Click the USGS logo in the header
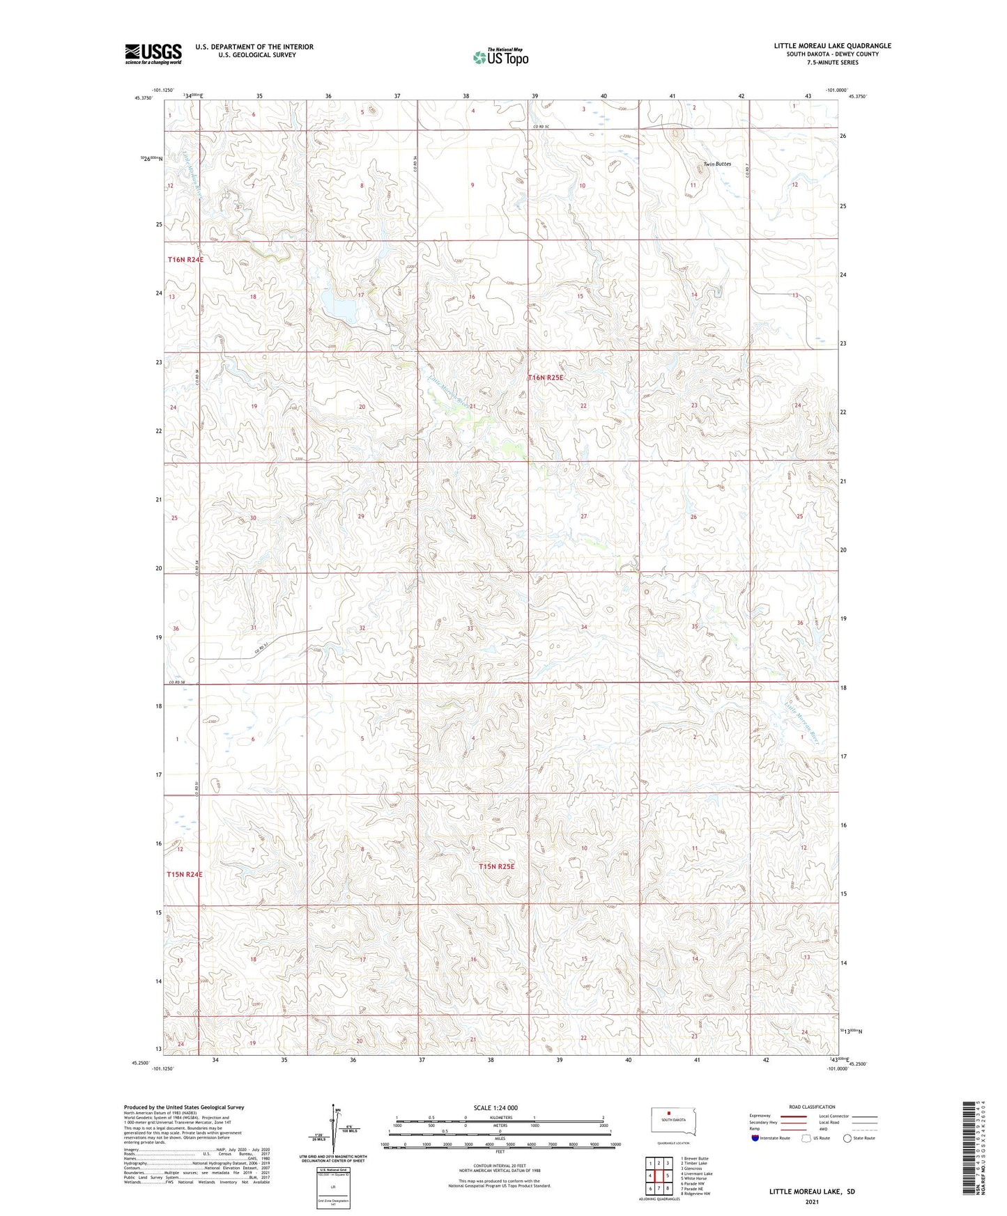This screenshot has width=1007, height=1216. tap(153, 54)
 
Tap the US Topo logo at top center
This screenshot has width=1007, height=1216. tap(500, 57)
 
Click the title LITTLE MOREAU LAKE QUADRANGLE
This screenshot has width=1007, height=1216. tap(832, 46)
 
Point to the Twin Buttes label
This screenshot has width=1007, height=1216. tap(717, 164)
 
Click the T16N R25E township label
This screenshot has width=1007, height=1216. tap(545, 377)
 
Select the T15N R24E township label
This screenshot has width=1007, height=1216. tap(185, 874)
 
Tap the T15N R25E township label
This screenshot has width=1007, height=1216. tap(497, 866)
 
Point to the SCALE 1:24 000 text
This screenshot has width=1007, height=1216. tap(495, 1107)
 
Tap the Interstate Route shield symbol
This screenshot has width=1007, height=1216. tap(755, 1138)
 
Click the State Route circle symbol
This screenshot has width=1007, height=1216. tap(847, 1138)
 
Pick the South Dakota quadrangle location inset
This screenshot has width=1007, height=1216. tap(668, 1122)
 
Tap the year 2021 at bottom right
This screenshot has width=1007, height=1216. tap(812, 1201)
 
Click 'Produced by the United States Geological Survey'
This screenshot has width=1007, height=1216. tap(184, 1107)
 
